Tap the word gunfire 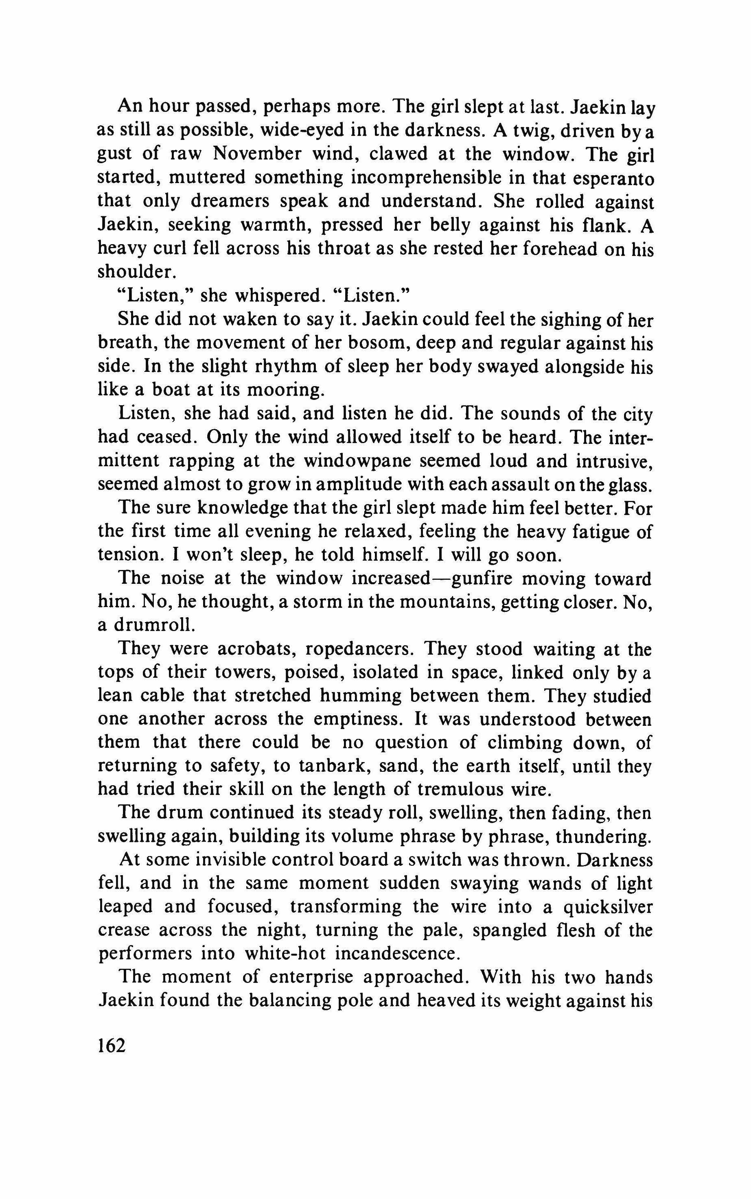pos(523,579)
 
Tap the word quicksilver pos(608,906)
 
